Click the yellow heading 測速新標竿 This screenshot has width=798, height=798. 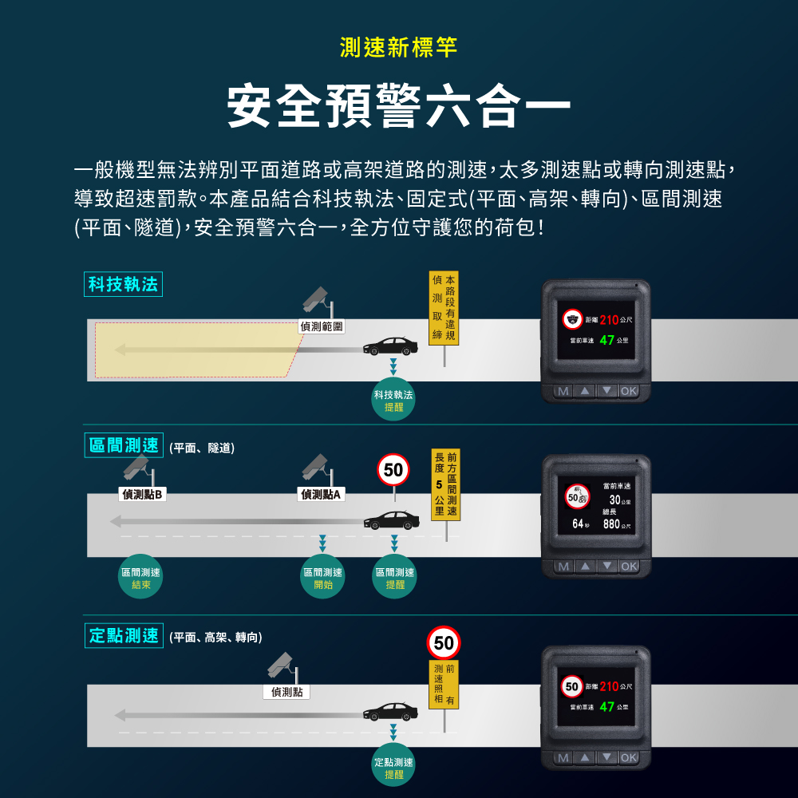pyautogui.click(x=398, y=47)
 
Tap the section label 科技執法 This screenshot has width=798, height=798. pyautogui.click(x=123, y=284)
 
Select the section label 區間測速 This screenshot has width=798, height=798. pyautogui.click(x=124, y=445)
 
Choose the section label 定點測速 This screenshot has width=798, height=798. pyautogui.click(x=124, y=636)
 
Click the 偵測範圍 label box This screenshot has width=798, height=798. pyautogui.click(x=322, y=326)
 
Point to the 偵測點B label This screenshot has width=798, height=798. pyautogui.click(x=143, y=494)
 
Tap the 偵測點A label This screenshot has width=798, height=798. pyautogui.click(x=321, y=494)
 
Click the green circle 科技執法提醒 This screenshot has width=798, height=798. pyautogui.click(x=393, y=400)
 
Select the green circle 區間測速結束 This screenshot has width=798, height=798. pyautogui.click(x=140, y=577)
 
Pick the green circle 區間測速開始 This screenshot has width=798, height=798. pyautogui.click(x=322, y=577)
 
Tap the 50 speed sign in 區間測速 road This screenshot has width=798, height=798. pyautogui.click(x=393, y=470)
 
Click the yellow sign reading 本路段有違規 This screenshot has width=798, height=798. pyautogui.click(x=444, y=308)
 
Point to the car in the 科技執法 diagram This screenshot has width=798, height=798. pyautogui.click(x=390, y=346)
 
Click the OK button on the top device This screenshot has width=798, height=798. pyautogui.click(x=629, y=391)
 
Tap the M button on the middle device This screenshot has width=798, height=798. pyautogui.click(x=563, y=567)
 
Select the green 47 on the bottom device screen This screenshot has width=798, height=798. pyautogui.click(x=606, y=706)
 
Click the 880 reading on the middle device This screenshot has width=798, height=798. pyautogui.click(x=611, y=524)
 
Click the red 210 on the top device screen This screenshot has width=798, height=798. pyautogui.click(x=609, y=320)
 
